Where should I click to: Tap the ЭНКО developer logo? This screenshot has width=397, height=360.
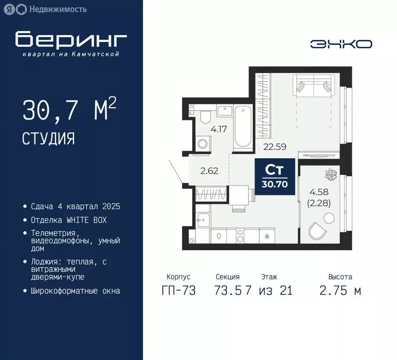(341, 44)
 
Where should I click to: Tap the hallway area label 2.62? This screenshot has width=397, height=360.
(209, 171)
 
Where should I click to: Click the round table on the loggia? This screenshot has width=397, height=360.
(330, 218)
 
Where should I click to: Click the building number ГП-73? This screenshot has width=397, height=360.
(178, 290)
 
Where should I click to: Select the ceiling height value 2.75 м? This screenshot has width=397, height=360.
(340, 290)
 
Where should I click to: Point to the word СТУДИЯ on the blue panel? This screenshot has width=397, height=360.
(48, 138)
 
